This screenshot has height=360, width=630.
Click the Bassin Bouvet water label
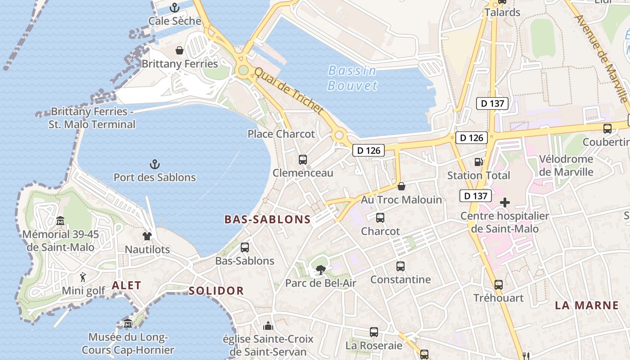(x=352, y=78)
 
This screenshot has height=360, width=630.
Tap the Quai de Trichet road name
(x=289, y=90)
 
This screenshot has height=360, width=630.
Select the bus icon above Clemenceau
(x=303, y=160)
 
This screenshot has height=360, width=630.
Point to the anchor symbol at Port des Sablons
(x=155, y=164)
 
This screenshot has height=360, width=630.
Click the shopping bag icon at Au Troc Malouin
(x=401, y=186)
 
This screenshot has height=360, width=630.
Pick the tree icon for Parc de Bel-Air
(x=320, y=270)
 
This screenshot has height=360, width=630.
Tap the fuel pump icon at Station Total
(x=478, y=162)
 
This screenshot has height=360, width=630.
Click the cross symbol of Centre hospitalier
(x=505, y=202)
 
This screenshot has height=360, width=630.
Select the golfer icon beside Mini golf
(x=83, y=277)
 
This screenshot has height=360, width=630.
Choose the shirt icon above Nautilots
(x=147, y=236)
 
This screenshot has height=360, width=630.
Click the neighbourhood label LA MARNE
(x=587, y=306)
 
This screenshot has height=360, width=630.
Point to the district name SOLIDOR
(x=216, y=291)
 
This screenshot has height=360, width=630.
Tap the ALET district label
(x=126, y=285)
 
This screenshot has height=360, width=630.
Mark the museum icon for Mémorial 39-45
(x=60, y=220)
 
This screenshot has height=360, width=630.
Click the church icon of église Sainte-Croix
(x=268, y=325)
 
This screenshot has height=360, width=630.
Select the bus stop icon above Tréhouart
(x=499, y=284)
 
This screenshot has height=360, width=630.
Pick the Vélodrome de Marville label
(x=566, y=166)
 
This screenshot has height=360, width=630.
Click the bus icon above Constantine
(x=400, y=266)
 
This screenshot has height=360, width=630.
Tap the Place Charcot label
(x=281, y=134)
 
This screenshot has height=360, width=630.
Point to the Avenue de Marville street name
(x=601, y=58)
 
